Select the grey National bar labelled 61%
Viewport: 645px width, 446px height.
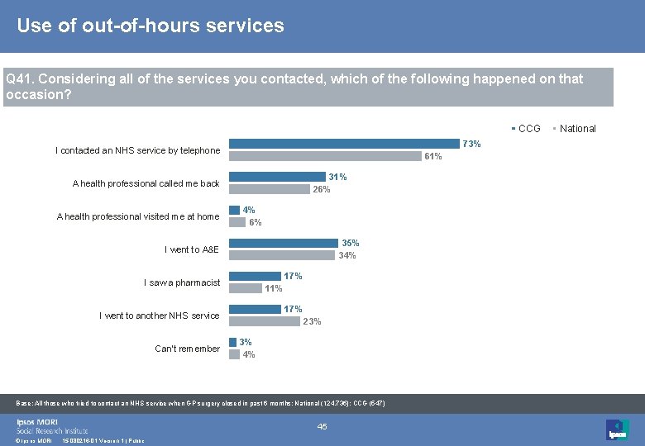pos(324,156)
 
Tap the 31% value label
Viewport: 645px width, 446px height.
pos(337,177)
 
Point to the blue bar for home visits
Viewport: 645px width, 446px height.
pos(234,210)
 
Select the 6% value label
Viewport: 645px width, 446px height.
pos(256,222)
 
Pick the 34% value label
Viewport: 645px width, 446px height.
pos(347,255)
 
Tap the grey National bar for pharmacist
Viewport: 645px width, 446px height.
pos(245,288)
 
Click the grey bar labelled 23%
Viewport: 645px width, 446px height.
pos(264,321)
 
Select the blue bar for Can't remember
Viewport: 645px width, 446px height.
pos(232,342)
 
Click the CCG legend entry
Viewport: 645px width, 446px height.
pos(528,129)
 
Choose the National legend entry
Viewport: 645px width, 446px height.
pos(577,129)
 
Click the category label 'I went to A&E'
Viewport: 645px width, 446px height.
pos(192,249)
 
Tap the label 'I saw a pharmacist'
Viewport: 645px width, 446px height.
pos(182,282)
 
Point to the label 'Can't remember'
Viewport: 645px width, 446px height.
pos(187,349)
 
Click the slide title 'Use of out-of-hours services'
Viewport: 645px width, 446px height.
pos(150,26)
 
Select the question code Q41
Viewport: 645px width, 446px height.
pos(19,79)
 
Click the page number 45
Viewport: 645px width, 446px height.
pos(322,426)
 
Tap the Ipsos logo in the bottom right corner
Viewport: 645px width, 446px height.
pos(617,429)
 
